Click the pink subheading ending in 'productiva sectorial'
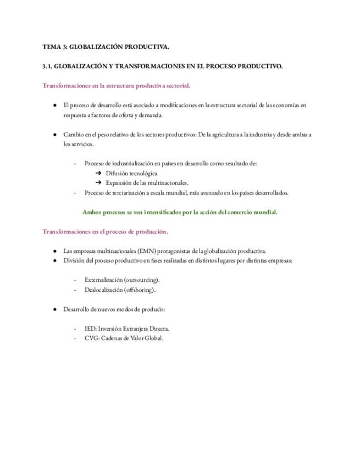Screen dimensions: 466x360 117,85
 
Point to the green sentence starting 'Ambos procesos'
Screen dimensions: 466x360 180,212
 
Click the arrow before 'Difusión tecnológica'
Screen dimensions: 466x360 98,173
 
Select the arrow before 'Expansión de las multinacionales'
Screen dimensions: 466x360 98,182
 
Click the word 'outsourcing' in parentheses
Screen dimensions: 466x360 141,280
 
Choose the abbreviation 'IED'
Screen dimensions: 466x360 90,329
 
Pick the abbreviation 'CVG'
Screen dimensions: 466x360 91,338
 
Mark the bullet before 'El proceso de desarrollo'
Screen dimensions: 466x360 54,105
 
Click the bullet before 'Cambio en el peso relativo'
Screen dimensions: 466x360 54,135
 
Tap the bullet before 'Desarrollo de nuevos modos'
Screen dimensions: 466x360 54,309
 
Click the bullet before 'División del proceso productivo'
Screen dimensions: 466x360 54,260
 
